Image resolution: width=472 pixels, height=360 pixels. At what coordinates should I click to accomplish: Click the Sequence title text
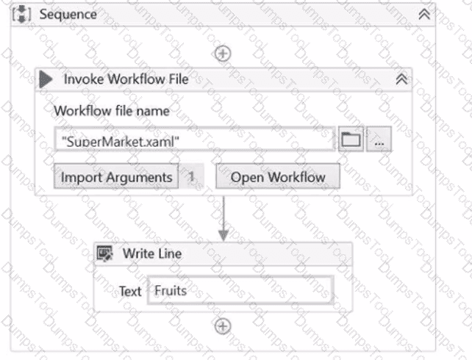[68, 14]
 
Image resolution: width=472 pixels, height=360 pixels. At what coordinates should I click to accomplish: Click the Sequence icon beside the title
[21, 14]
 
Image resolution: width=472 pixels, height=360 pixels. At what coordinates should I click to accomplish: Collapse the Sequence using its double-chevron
[424, 14]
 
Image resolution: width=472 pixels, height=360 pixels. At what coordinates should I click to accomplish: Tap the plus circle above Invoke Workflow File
[223, 54]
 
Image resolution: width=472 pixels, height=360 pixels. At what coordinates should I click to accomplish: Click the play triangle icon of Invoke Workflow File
[46, 79]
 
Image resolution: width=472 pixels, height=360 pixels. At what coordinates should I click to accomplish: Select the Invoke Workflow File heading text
[126, 79]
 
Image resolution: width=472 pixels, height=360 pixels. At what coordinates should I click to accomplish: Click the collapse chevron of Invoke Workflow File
[401, 79]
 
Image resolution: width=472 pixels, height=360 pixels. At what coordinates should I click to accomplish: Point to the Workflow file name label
[112, 111]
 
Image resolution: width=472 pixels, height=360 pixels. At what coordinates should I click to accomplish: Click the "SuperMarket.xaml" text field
[195, 140]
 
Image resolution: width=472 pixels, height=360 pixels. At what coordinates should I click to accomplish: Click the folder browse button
[351, 139]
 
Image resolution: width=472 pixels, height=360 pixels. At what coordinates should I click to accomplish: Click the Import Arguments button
[116, 176]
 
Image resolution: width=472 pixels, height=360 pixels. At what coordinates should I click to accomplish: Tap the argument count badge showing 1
[191, 176]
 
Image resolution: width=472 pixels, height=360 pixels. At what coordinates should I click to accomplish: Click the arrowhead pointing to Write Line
[224, 236]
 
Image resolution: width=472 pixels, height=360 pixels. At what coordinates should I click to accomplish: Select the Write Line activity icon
[104, 253]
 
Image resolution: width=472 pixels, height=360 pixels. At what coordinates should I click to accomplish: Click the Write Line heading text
[152, 253]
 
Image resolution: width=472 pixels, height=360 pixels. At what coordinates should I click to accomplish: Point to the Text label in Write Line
[130, 291]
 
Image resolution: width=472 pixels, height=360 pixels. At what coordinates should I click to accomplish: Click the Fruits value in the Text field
[171, 290]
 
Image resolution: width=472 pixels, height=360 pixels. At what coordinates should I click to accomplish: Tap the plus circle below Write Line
[223, 326]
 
